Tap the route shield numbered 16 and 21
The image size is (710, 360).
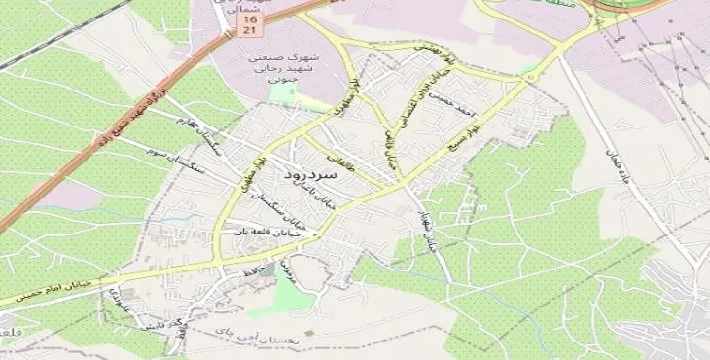click(250, 24)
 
